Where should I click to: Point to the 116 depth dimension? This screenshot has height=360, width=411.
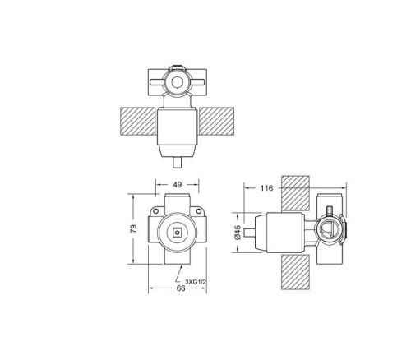(265, 189)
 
